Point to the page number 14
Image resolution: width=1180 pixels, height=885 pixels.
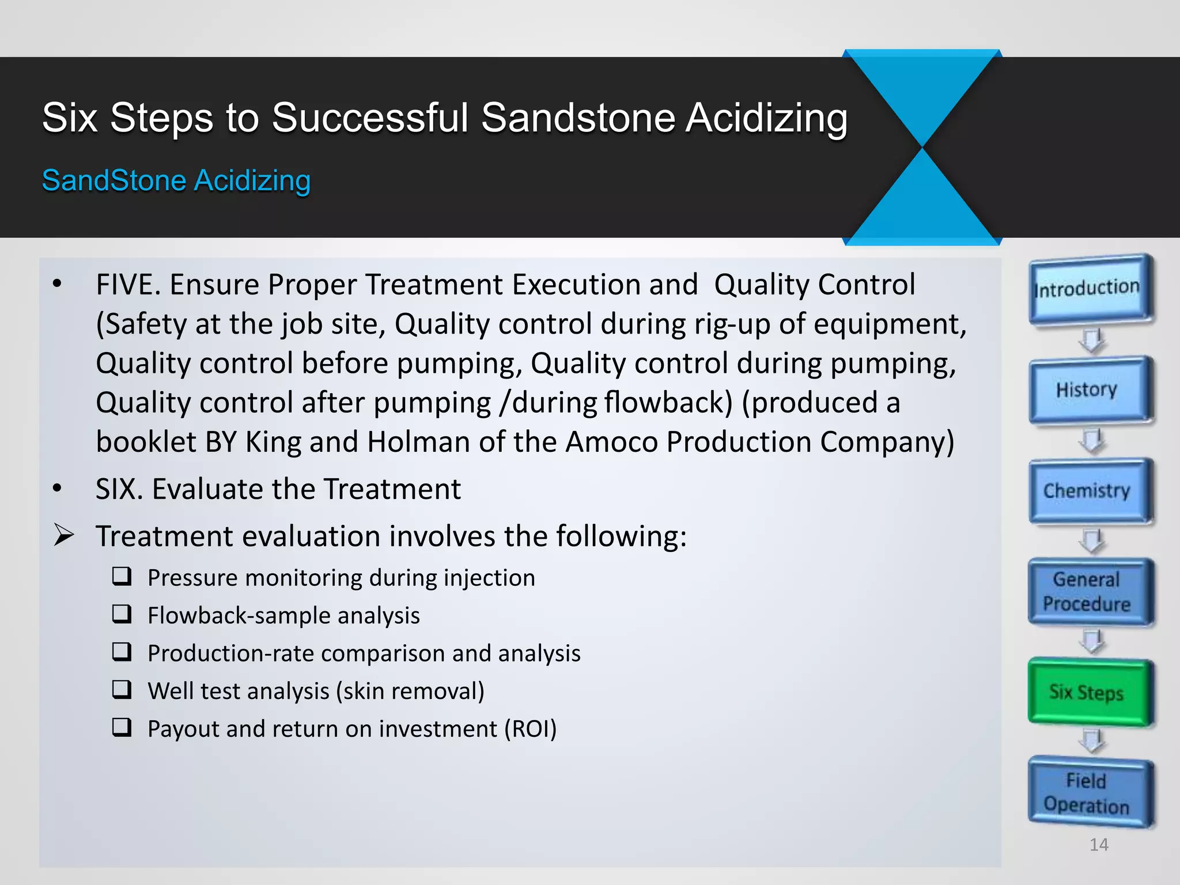[1099, 845]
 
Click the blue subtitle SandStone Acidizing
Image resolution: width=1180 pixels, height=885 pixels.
[176, 180]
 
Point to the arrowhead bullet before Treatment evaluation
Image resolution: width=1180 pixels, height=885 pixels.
[63, 535]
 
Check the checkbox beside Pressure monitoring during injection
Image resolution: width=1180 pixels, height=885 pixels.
[122, 576]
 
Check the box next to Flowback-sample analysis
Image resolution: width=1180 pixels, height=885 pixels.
[122, 614]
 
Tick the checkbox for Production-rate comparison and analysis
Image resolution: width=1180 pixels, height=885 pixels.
[122, 652]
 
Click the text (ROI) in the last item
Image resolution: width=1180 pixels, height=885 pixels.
[531, 729]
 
